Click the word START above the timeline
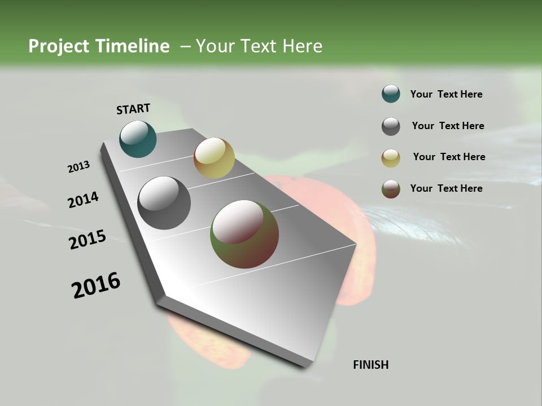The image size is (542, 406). pyautogui.click(x=133, y=109)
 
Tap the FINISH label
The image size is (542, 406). pyautogui.click(x=370, y=365)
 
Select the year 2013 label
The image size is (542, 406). pyautogui.click(x=79, y=167)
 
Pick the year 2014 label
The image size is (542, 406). pyautogui.click(x=83, y=200)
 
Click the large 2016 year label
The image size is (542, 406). pyautogui.click(x=96, y=285)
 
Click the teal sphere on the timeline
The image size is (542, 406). pyautogui.click(x=138, y=139)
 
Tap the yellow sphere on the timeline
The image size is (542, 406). pyautogui.click(x=214, y=158)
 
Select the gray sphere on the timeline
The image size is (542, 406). pyautogui.click(x=164, y=203)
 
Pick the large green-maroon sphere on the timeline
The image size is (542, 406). pyautogui.click(x=244, y=234)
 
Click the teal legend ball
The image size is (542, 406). pyautogui.click(x=391, y=94)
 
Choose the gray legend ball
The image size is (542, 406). pyautogui.click(x=391, y=126)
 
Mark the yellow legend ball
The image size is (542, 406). pyautogui.click(x=391, y=158)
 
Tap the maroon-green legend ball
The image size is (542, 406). pyautogui.click(x=391, y=189)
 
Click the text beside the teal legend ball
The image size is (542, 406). pyautogui.click(x=446, y=94)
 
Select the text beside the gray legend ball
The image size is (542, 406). pyautogui.click(x=448, y=126)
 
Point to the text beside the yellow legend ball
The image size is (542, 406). pyautogui.click(x=449, y=157)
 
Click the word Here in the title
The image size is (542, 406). pyautogui.click(x=302, y=46)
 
